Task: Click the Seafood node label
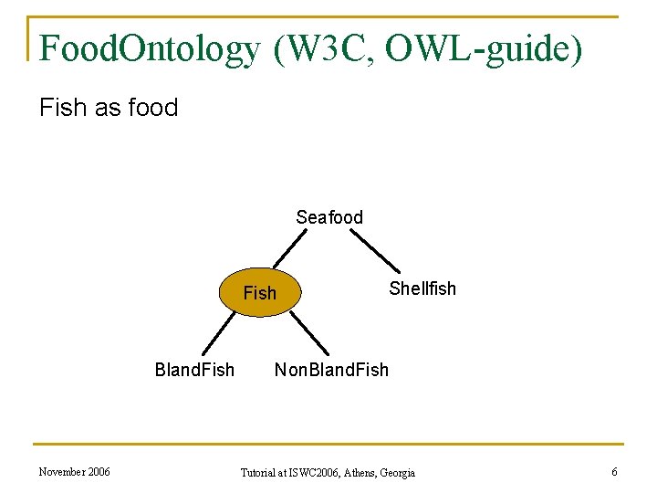(x=328, y=217)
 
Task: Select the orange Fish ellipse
(x=260, y=293)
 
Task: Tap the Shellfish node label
(x=422, y=288)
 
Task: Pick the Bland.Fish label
(x=194, y=370)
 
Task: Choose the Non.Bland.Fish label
(x=331, y=370)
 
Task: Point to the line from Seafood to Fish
(x=293, y=248)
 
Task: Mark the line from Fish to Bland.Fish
(x=215, y=334)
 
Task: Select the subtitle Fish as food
(x=109, y=108)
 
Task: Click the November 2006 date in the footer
(x=74, y=472)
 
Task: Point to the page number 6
(x=614, y=472)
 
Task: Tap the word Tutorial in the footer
(x=259, y=473)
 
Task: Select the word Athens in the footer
(x=360, y=473)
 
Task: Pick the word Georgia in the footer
(x=398, y=473)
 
